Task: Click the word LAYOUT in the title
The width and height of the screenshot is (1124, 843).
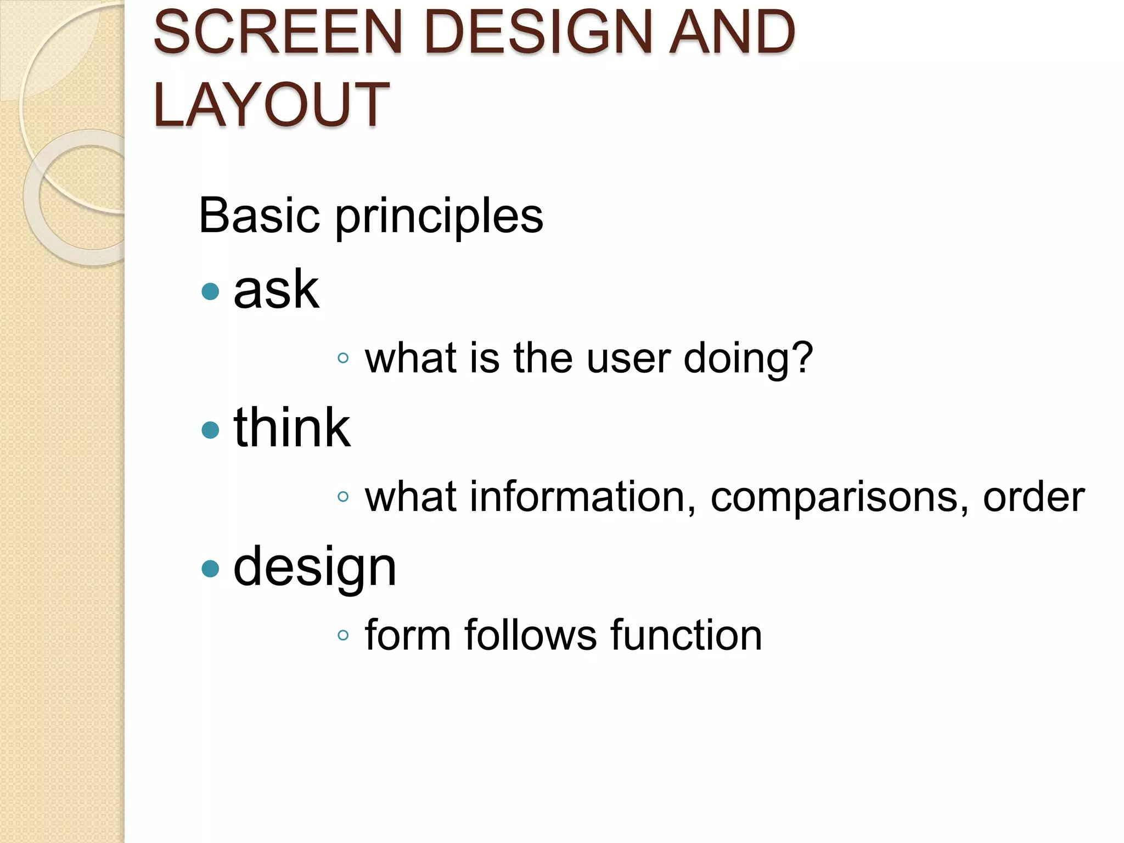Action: point(271,104)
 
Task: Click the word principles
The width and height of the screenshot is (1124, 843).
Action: point(439,217)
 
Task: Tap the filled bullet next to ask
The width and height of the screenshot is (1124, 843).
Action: point(210,291)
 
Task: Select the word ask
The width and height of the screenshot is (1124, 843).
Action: point(276,289)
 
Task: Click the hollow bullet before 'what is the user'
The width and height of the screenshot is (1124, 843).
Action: point(343,358)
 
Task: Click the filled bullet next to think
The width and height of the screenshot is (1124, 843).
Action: point(210,430)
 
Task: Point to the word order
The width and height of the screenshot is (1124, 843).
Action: point(1033,497)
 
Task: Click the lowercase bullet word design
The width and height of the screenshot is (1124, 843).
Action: point(314,568)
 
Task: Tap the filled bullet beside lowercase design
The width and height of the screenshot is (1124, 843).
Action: point(210,569)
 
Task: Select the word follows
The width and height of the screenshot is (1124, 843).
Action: point(530,635)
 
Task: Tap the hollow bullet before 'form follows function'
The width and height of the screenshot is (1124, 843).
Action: point(343,636)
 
